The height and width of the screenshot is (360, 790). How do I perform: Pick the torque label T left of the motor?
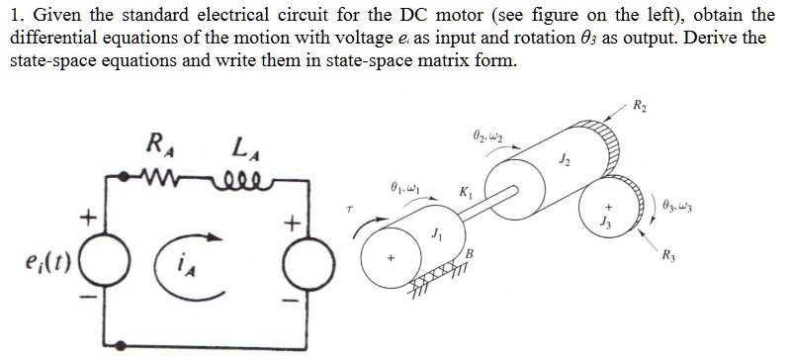click(350, 210)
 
